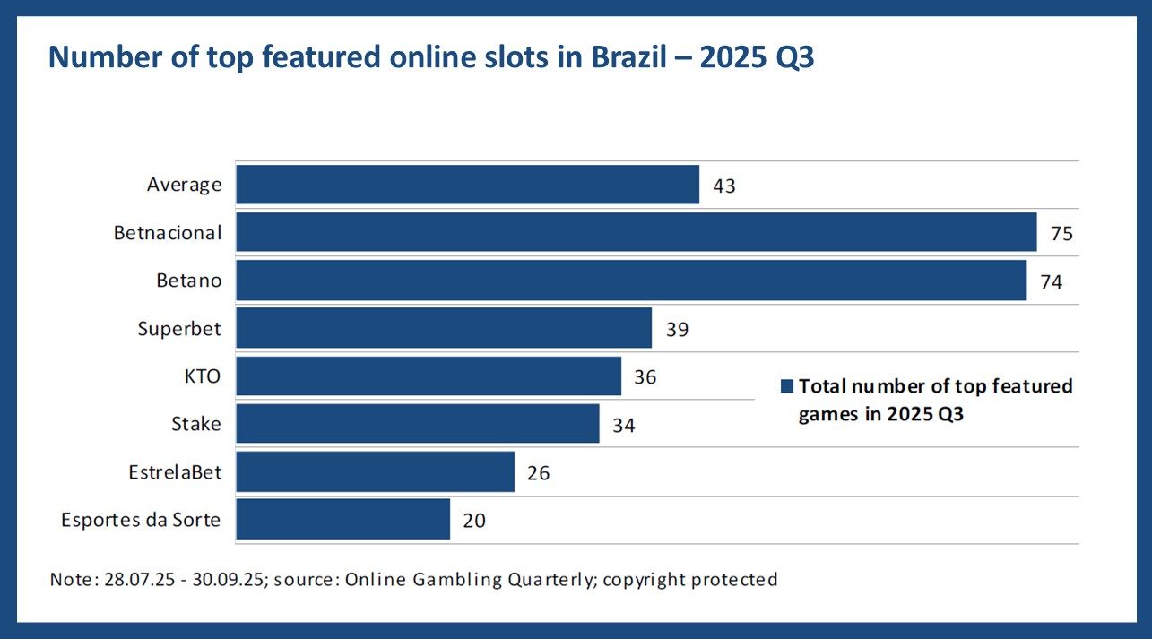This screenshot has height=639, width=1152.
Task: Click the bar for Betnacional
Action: tap(636, 233)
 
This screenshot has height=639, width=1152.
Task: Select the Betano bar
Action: tap(630, 281)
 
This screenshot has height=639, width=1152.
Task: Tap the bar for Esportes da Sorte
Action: tap(342, 520)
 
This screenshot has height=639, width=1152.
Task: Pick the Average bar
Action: tap(467, 185)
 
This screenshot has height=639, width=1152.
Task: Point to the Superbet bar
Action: tap(443, 328)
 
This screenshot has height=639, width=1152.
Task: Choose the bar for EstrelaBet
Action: tap(375, 471)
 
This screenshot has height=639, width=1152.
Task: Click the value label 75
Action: tap(1061, 234)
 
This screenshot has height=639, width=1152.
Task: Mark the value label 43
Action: tap(724, 186)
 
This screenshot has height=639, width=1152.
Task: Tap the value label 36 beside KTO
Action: tap(645, 376)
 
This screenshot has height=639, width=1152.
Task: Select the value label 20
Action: tap(474, 520)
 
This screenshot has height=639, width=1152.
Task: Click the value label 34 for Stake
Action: tap(624, 425)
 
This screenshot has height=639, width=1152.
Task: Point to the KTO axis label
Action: tap(202, 376)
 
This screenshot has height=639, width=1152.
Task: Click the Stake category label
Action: tap(196, 424)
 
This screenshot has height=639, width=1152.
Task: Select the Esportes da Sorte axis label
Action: tap(141, 520)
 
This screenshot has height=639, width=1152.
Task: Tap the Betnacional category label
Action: tap(168, 233)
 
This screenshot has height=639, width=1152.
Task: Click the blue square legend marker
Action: tap(787, 386)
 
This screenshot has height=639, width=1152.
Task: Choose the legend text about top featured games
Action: tap(934, 400)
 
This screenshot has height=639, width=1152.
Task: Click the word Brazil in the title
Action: tap(636, 56)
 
